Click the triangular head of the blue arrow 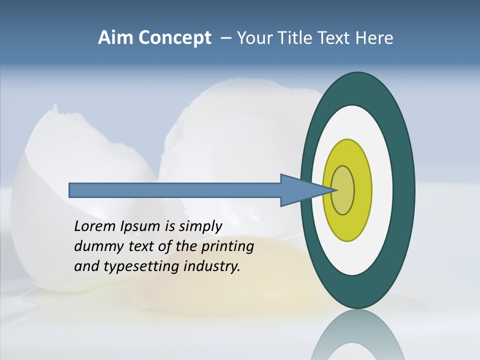(x=300, y=190)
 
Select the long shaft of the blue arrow (x=175, y=190)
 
